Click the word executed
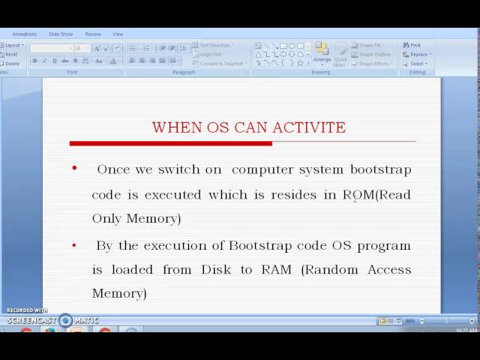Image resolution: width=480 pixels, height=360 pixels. pyautogui.click(x=173, y=195)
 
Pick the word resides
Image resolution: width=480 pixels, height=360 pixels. pyautogui.click(x=295, y=195)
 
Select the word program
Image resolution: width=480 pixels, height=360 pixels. pyautogui.click(x=383, y=246)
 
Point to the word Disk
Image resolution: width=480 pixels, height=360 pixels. pyautogui.click(x=216, y=269)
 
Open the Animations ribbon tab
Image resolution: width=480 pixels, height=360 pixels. pyautogui.click(x=24, y=34)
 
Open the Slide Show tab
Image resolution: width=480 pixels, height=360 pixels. pyautogui.click(x=61, y=34)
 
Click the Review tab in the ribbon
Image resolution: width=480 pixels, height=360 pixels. pyautogui.click(x=93, y=34)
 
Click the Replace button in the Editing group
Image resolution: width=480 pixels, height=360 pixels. pyautogui.click(x=418, y=54)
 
